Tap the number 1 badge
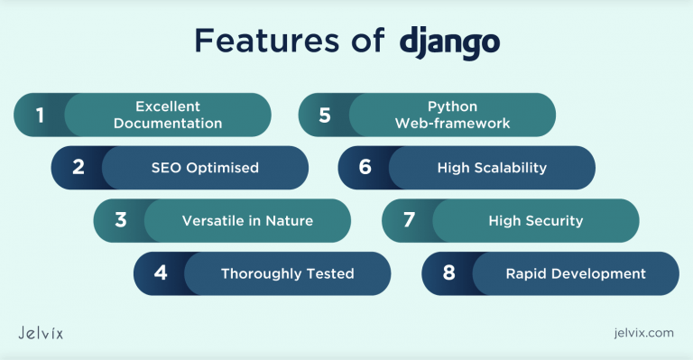40,115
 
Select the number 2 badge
79,168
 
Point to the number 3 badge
120,220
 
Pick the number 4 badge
161,273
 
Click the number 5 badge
325,115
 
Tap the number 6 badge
365,168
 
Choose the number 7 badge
408,220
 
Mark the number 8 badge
448,273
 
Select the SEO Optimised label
205,168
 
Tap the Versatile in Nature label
247,220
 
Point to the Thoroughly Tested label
287,273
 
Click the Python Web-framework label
452,115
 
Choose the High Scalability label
492,168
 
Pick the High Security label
535,220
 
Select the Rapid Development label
575,273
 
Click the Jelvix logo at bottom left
41,333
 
